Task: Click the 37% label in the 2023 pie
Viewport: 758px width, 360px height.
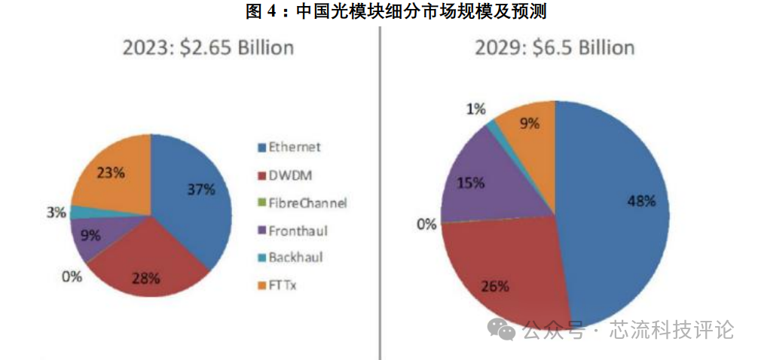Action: pyautogui.click(x=200, y=189)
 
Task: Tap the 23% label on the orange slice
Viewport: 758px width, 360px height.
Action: pyautogui.click(x=110, y=172)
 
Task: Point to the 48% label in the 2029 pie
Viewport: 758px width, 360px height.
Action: pyautogui.click(x=640, y=201)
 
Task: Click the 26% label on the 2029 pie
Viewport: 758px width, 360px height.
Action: pyautogui.click(x=495, y=286)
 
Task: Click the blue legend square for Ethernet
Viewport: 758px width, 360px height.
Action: pyautogui.click(x=262, y=148)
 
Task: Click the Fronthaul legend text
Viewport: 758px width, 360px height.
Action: pyautogui.click(x=298, y=230)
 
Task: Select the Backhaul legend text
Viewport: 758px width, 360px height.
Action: pyautogui.click(x=295, y=258)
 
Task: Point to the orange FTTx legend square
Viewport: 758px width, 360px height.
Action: pyautogui.click(x=262, y=285)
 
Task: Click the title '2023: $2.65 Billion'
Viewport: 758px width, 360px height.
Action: pyautogui.click(x=207, y=48)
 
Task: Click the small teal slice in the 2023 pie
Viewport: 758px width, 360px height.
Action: pyautogui.click(x=76, y=212)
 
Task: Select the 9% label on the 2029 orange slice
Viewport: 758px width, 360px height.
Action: pyautogui.click(x=530, y=124)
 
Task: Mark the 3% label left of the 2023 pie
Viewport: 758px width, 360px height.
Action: pyautogui.click(x=56, y=212)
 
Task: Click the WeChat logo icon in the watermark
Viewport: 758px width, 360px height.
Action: pyautogui.click(x=501, y=328)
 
